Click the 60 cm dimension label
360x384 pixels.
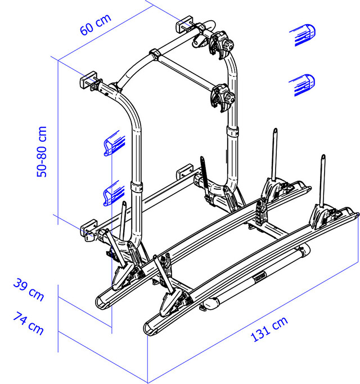coord(96,24)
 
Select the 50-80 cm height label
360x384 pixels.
coord(42,151)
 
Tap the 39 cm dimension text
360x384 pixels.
coord(29,289)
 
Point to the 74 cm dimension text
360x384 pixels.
coord(28,323)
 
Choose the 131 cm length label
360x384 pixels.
coord(269,329)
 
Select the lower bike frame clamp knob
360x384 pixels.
coord(231,98)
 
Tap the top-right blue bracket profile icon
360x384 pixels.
coord(303,35)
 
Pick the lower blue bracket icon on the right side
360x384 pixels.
coord(302,84)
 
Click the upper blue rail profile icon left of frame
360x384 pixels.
coord(114,144)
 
